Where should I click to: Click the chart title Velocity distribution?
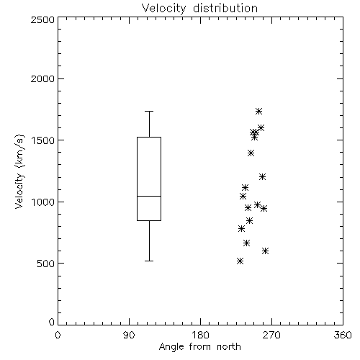(x=199, y=8)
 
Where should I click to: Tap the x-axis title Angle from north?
(x=199, y=346)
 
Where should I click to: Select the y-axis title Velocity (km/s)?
(x=19, y=171)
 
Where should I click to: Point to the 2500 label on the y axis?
(x=42, y=19)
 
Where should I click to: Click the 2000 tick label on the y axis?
(x=42, y=78)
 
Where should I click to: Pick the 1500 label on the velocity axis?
(x=43, y=140)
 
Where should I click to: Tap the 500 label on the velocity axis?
(x=46, y=264)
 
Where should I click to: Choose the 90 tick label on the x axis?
(x=129, y=335)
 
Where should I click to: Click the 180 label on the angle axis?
(x=200, y=335)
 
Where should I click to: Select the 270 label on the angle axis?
(x=271, y=335)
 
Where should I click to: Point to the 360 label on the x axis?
(x=343, y=335)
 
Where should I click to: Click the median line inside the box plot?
(x=149, y=196)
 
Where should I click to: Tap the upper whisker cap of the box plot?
(x=149, y=111)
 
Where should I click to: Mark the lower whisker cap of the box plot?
(x=149, y=261)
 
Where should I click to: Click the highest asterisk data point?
(x=258, y=111)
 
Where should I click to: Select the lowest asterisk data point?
(x=240, y=261)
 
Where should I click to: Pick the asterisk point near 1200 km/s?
(x=262, y=177)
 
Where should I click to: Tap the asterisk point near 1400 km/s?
(x=251, y=153)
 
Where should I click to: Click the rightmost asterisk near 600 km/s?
(x=265, y=251)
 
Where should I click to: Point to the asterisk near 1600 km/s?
(x=261, y=127)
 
